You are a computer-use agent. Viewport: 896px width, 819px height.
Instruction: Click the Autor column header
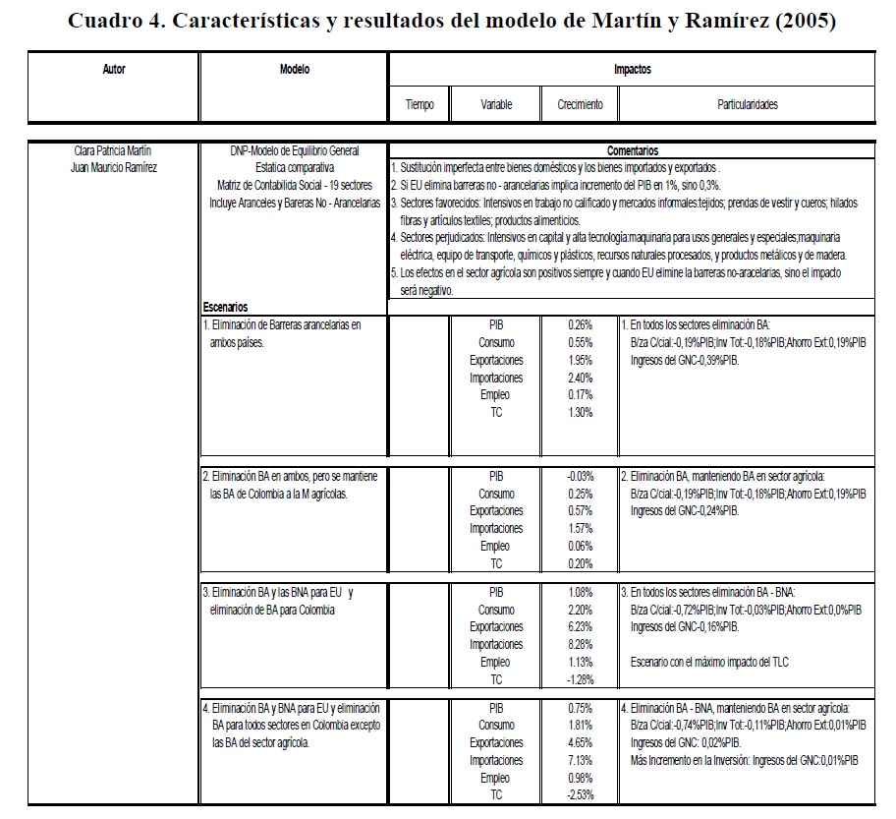114,70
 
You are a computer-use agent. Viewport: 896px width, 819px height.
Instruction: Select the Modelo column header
294,70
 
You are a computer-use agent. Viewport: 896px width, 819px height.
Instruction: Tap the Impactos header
632,70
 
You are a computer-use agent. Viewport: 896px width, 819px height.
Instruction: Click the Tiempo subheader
420,104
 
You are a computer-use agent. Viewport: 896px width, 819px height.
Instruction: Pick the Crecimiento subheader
580,104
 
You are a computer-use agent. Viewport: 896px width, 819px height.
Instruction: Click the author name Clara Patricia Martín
113,151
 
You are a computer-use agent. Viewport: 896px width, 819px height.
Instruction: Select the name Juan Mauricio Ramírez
114,166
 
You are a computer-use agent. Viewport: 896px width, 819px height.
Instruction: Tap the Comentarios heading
632,151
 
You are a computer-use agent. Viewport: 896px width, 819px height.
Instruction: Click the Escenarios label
225,307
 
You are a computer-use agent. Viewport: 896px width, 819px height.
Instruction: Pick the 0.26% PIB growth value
580,324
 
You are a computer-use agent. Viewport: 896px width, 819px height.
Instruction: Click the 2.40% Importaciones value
580,378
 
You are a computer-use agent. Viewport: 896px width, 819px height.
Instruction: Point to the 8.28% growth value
580,644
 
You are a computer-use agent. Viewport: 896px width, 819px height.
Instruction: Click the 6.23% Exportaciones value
580,626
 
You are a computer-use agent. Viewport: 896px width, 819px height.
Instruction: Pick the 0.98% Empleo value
580,778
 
